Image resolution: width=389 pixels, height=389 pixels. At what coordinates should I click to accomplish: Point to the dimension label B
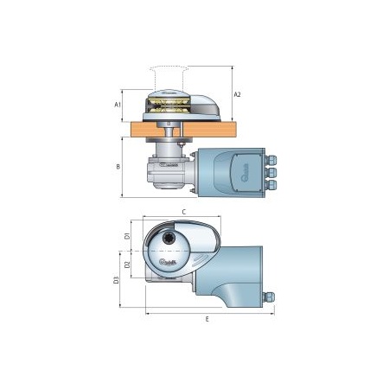118,165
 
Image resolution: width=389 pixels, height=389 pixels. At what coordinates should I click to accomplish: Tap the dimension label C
184,210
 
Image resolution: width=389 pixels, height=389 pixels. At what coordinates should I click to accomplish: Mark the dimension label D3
117,280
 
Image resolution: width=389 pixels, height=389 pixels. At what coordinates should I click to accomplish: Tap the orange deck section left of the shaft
142,130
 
